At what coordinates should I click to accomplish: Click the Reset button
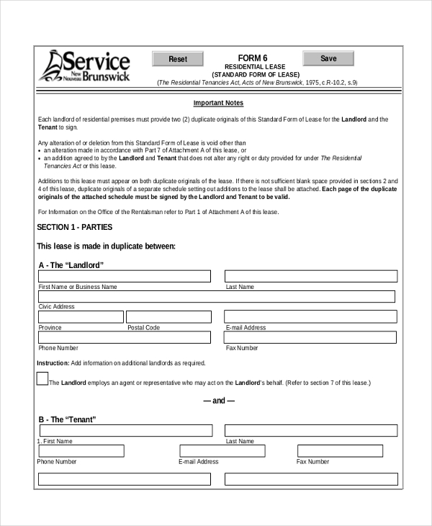tap(177, 59)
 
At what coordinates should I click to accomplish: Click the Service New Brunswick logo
tap(85, 66)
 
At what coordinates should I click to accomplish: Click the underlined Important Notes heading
tap(218, 103)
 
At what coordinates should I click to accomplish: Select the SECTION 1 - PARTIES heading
tap(74, 227)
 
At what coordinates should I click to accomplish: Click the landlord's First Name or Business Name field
tap(125, 276)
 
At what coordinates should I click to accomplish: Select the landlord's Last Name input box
tap(311, 276)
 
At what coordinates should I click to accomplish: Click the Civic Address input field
tap(216, 296)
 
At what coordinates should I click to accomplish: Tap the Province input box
tap(80, 316)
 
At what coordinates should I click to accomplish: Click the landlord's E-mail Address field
tap(311, 316)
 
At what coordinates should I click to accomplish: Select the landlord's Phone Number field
tap(125, 337)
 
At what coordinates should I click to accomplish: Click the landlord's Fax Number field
tap(311, 337)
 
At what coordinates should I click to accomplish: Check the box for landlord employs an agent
tap(42, 379)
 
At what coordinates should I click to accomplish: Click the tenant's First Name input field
tap(125, 430)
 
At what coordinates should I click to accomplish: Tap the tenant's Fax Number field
tap(347, 451)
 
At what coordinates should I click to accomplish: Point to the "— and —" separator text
tap(218, 401)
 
